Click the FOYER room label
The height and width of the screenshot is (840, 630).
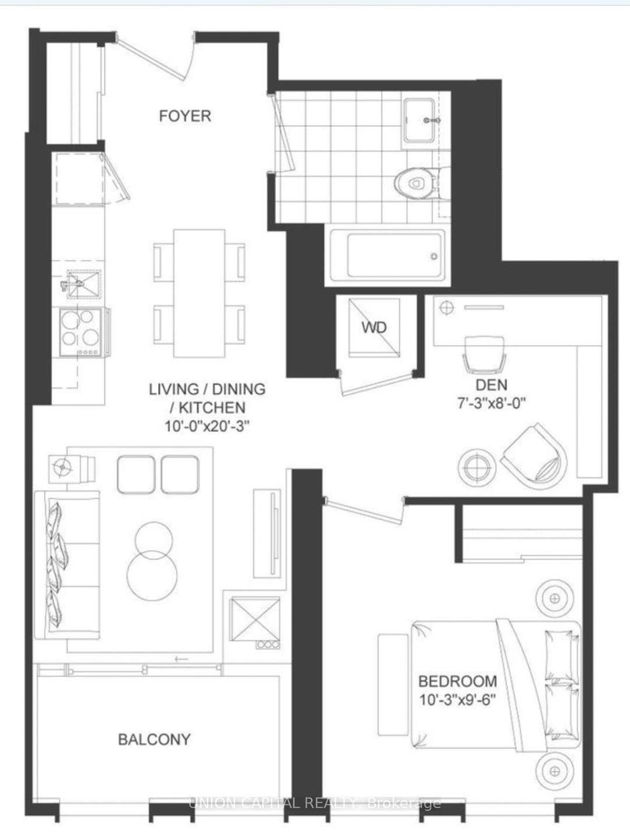pyautogui.click(x=185, y=116)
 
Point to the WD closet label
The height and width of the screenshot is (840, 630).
pyautogui.click(x=374, y=327)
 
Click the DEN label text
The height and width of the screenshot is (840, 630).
pyautogui.click(x=491, y=385)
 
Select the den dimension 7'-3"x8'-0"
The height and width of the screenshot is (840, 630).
pyautogui.click(x=491, y=404)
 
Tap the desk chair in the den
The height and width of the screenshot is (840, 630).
pyautogui.click(x=484, y=355)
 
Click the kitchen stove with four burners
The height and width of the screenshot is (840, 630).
pyautogui.click(x=82, y=332)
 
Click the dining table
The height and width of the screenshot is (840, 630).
pyautogui.click(x=199, y=293)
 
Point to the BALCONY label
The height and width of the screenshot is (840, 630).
pyautogui.click(x=154, y=740)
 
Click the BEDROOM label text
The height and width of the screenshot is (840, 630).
pyautogui.click(x=458, y=681)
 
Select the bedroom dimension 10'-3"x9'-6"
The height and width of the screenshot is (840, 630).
pyautogui.click(x=458, y=699)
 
